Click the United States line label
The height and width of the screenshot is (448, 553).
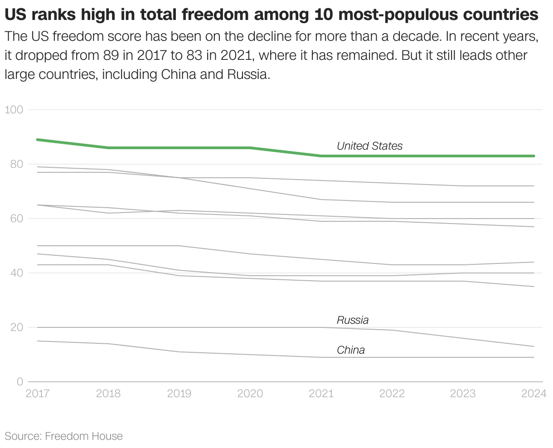click(x=369, y=146)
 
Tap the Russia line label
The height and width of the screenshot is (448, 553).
click(x=353, y=320)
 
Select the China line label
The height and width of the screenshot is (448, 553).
click(x=350, y=350)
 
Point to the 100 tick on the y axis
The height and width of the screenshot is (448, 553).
click(x=14, y=110)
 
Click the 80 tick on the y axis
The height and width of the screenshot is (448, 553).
click(x=16, y=164)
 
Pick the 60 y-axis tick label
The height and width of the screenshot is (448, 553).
click(x=16, y=219)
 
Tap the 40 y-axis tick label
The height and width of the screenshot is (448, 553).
click(x=16, y=273)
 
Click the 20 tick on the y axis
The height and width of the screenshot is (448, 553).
click(x=16, y=327)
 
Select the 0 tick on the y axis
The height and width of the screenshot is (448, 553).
click(x=19, y=382)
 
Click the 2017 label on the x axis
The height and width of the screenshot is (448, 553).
click(x=38, y=394)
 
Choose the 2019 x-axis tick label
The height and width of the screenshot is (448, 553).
click(x=179, y=394)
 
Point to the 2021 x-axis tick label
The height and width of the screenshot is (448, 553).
click(x=321, y=394)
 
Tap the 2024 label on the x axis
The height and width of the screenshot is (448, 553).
click(x=534, y=394)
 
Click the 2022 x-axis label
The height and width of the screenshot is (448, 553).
click(x=392, y=394)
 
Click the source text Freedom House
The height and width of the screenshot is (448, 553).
click(x=84, y=436)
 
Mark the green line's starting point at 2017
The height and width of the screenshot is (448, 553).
click(x=37, y=140)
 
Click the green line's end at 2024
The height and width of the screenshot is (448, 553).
click(x=534, y=156)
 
